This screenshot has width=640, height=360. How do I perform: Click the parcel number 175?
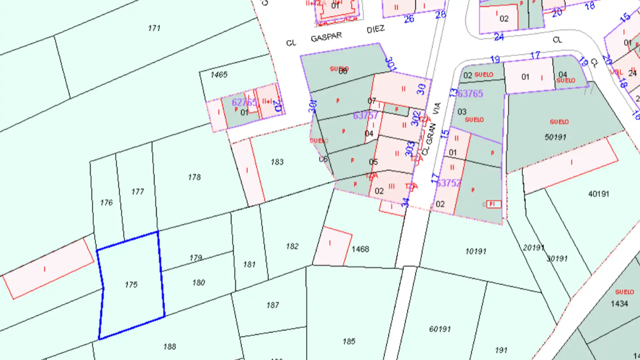click(131, 285)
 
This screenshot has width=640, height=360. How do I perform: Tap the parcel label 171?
click(154, 28)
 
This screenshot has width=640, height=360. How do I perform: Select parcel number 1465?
click(219, 75)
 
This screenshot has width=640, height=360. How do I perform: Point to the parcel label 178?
click(194, 177)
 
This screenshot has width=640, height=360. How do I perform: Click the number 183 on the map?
click(277, 162)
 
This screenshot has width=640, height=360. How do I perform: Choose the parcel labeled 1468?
click(360, 249)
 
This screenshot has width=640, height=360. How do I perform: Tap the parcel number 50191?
click(555, 137)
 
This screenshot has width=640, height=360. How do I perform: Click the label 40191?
click(599, 194)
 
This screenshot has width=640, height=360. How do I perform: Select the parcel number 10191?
click(476, 251)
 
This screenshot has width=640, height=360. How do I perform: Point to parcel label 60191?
click(440, 329)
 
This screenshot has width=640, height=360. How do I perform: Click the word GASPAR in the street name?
click(326, 37)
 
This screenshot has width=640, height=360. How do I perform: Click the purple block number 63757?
click(366, 115)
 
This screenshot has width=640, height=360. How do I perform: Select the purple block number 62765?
click(244, 102)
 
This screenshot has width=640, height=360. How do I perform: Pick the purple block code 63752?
click(449, 183)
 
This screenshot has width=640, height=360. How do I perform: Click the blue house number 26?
click(409, 19)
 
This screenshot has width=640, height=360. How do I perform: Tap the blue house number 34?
click(405, 202)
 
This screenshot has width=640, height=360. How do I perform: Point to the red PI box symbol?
click(493, 204)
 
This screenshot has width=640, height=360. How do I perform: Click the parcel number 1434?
click(619, 304)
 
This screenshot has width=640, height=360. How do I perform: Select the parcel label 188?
click(170, 347)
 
